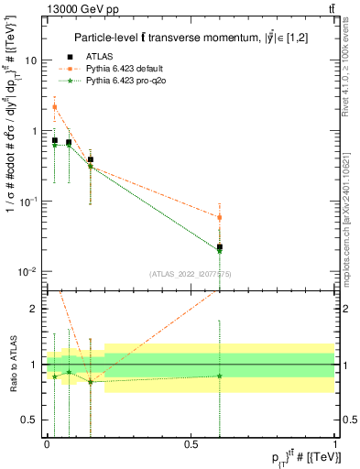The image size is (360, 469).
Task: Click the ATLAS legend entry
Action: point(104,56)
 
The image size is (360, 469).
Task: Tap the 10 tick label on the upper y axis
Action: point(30,60)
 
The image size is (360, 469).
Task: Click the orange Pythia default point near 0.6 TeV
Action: point(220,217)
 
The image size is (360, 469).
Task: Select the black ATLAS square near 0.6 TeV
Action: point(220,247)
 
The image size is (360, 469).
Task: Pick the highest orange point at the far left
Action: point(54,107)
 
